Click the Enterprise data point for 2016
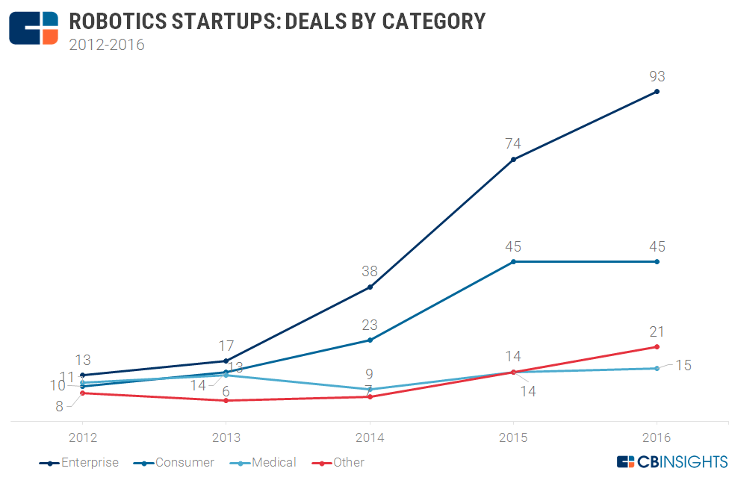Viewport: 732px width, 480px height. point(657,92)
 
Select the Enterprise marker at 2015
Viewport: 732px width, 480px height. point(513,159)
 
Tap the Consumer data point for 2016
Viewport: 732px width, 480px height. point(657,262)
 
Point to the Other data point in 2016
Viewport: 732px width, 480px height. point(657,346)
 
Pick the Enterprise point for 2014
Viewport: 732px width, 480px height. point(370,287)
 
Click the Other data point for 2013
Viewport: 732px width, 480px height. point(226,400)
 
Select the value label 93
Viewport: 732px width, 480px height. point(657,76)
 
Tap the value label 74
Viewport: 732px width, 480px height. point(513,143)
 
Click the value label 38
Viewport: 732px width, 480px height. point(370,272)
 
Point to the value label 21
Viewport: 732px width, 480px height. point(657,331)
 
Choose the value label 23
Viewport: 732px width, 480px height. point(370,325)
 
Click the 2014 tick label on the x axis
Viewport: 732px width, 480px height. point(370,437)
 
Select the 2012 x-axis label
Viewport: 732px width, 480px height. point(82,437)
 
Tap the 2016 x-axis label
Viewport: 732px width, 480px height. point(657,437)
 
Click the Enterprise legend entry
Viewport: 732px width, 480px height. point(79,463)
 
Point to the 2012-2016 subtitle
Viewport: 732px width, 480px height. point(107,44)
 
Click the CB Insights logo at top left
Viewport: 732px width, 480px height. point(34,28)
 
